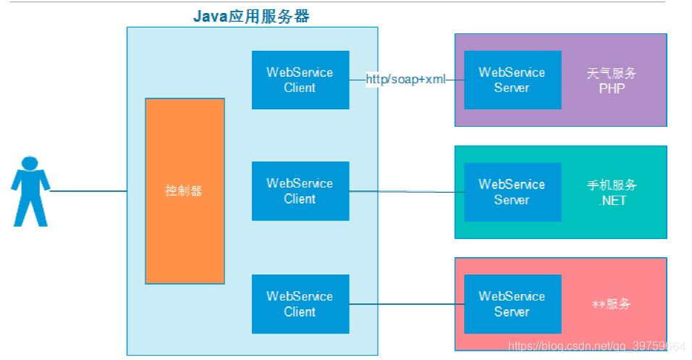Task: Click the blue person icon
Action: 30,191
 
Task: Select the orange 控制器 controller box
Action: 185,191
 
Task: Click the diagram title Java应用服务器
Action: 251,16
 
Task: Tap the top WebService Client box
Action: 300,80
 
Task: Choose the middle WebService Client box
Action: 300,191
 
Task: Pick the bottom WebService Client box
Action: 300,304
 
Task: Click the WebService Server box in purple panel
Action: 512,80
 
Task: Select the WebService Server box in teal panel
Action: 512,192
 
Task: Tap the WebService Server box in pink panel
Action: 512,304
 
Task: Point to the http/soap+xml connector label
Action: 405,79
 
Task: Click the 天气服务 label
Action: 612,73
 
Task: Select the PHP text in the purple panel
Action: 612,88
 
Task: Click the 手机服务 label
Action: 612,185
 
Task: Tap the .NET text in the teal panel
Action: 612,201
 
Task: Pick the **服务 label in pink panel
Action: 612,304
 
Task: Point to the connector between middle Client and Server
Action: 405,192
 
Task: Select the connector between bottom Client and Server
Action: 405,304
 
